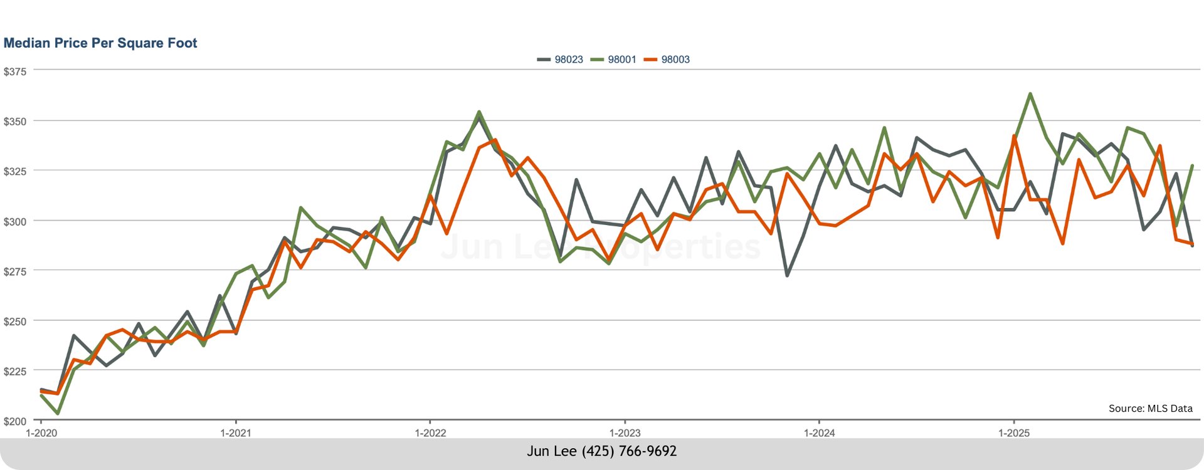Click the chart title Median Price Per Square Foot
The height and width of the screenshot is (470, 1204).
coord(100,43)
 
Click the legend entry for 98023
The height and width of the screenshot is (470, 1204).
coord(561,60)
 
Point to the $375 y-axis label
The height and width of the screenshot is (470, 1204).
coord(15,72)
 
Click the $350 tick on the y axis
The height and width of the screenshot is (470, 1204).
coord(15,122)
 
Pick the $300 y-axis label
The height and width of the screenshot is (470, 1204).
coord(15,221)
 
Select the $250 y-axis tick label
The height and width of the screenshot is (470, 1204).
coord(15,321)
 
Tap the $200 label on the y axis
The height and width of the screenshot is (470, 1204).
coord(15,421)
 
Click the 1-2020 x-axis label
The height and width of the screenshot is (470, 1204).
coord(41,433)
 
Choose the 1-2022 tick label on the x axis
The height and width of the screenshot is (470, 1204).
coord(430,433)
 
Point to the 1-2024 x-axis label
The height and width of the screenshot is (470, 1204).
coord(819,433)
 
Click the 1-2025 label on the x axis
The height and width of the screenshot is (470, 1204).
coord(1013,433)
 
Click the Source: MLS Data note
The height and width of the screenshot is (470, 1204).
coord(1150,409)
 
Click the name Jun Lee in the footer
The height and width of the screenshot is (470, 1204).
coord(552,451)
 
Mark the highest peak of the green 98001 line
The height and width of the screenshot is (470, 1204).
coord(1030,94)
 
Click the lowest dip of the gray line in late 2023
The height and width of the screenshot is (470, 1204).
coord(787,275)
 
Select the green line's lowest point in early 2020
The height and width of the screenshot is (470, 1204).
coord(58,414)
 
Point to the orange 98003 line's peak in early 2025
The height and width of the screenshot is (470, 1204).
coord(1014,136)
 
